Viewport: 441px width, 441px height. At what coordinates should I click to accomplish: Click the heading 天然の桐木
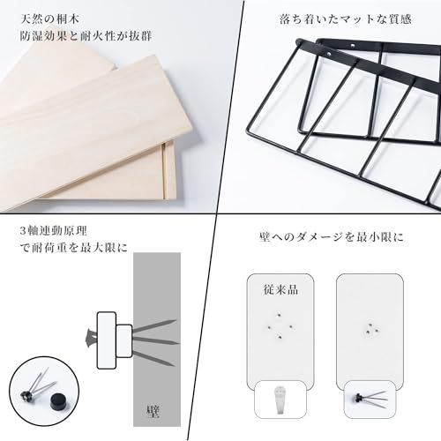50,19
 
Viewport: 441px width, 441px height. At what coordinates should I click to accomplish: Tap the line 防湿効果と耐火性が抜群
86,36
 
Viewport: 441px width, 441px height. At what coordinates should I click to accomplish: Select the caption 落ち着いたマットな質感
345,19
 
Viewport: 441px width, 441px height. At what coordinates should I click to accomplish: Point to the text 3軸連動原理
54,231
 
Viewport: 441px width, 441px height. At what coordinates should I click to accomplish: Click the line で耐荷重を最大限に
73,248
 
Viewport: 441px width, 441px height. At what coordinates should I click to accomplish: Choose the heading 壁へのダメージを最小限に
332,237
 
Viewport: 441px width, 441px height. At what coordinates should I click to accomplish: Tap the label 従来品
280,289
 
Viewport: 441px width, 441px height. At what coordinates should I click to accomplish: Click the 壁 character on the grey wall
153,411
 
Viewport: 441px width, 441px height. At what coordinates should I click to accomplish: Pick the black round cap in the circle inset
58,400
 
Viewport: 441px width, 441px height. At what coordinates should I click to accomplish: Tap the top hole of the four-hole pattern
279,316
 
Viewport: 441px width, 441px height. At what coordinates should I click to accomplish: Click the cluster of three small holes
372,329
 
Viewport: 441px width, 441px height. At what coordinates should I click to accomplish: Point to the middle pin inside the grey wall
156,341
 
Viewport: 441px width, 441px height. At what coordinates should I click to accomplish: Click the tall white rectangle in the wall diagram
107,340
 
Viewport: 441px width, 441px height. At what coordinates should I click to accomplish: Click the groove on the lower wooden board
163,170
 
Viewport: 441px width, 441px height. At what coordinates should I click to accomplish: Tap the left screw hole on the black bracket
329,54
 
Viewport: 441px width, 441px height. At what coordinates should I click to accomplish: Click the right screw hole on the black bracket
352,46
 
